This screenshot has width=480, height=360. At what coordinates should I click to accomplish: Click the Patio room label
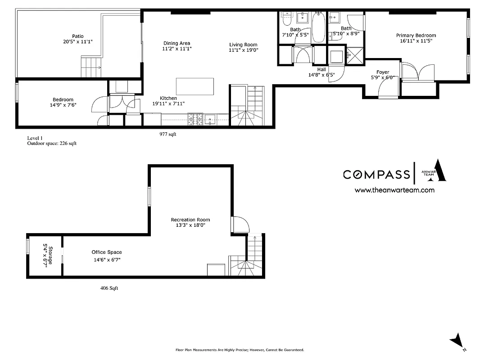(77, 36)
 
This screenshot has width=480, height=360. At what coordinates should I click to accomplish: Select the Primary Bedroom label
(416, 36)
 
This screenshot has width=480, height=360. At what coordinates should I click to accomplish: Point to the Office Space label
(107, 252)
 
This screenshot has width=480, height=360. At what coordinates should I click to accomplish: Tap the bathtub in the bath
(318, 28)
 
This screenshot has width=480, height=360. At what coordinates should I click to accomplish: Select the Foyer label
(383, 72)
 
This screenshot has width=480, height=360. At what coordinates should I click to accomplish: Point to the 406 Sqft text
(109, 288)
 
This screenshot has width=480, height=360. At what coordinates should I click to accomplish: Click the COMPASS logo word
(376, 175)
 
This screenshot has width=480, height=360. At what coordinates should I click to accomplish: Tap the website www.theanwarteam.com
(394, 190)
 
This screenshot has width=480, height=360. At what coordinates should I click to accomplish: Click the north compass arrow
(457, 341)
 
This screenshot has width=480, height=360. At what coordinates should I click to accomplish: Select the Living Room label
(243, 45)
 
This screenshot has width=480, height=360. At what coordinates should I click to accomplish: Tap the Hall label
(322, 69)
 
